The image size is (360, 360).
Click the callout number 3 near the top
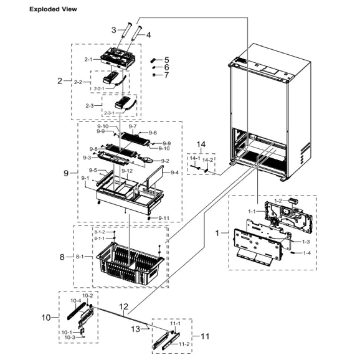(114, 29)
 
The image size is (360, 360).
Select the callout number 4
(148, 35)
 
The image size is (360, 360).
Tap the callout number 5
(166, 59)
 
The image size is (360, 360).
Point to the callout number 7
(166, 75)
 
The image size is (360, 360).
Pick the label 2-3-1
(110, 113)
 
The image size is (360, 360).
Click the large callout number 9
(66, 173)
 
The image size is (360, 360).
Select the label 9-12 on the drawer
(127, 171)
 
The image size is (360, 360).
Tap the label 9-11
(163, 217)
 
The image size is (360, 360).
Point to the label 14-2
(207, 159)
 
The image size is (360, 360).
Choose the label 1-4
(307, 253)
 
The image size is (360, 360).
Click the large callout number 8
(62, 256)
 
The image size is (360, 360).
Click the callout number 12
(123, 306)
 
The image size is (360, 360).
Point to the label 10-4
(75, 300)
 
